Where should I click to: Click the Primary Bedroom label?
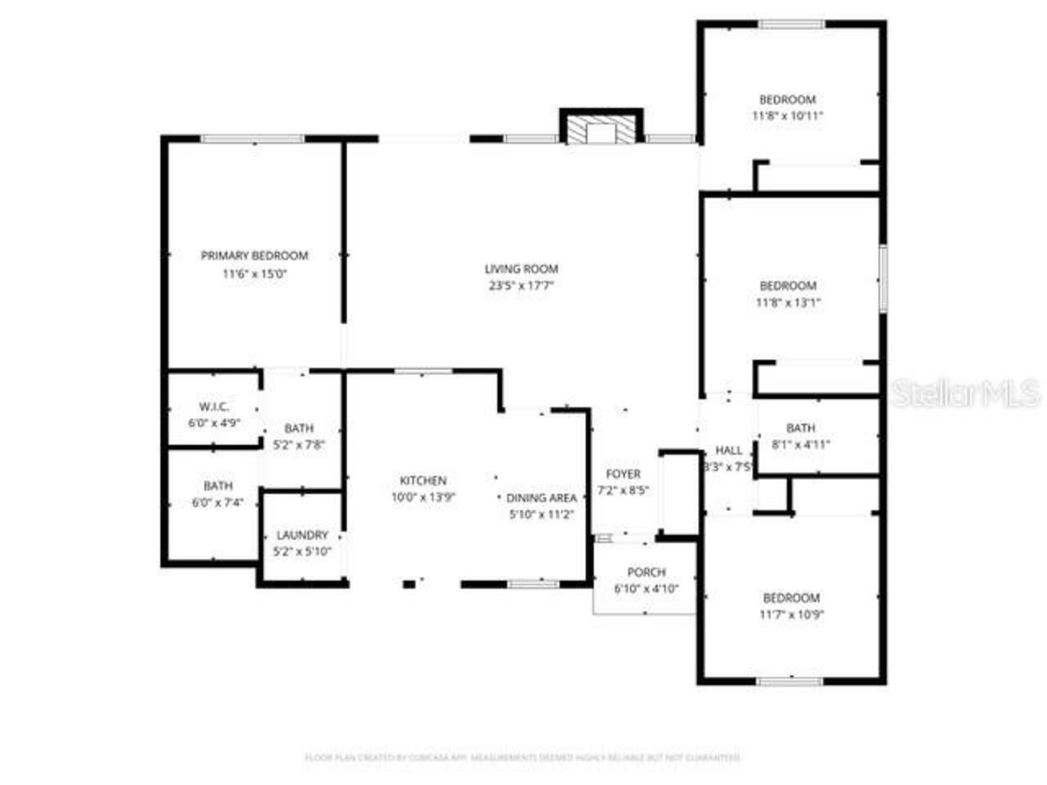pyautogui.click(x=254, y=256)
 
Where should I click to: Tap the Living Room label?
pyautogui.click(x=521, y=268)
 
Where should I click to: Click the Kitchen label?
pyautogui.click(x=423, y=480)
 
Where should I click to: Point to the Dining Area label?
pyautogui.click(x=541, y=497)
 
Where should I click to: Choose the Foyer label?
pyautogui.click(x=623, y=474)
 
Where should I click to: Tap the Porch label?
pyautogui.click(x=646, y=572)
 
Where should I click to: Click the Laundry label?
pyautogui.click(x=302, y=535)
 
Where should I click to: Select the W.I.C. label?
pyautogui.click(x=214, y=406)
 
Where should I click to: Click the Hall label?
pyautogui.click(x=729, y=450)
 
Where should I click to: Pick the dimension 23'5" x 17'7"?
pyautogui.click(x=521, y=286)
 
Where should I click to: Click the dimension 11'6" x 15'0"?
pyautogui.click(x=254, y=274)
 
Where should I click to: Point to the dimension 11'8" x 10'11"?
pyautogui.click(x=787, y=116)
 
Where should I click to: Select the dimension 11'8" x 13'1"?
pyautogui.click(x=788, y=303)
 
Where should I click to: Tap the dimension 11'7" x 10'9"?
pyautogui.click(x=791, y=615)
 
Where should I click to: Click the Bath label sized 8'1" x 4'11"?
pyautogui.click(x=801, y=428)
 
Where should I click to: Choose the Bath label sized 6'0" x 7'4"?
pyautogui.click(x=218, y=486)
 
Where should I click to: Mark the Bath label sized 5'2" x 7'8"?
pyautogui.click(x=299, y=428)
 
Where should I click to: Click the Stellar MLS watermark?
pyautogui.click(x=966, y=393)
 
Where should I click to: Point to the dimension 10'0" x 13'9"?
pyautogui.click(x=423, y=497)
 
